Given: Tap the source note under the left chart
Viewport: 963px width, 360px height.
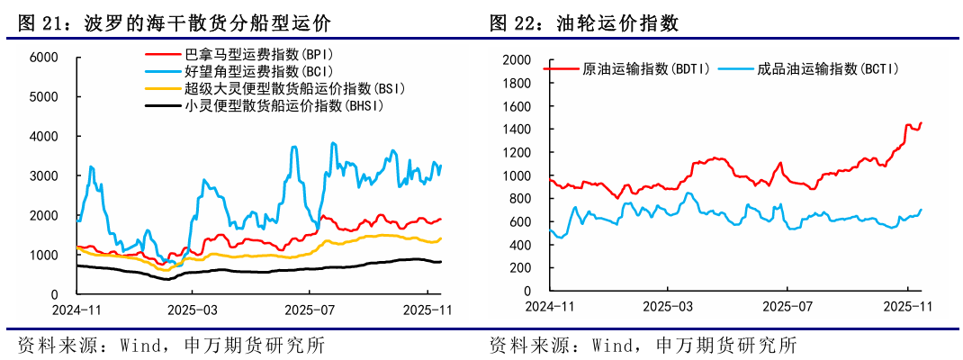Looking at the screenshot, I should (171, 345).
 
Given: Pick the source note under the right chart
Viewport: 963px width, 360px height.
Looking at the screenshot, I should (643, 345).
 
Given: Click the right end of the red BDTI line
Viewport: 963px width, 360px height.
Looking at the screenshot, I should (921, 122).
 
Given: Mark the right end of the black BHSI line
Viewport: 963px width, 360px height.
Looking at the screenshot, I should (440, 261).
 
